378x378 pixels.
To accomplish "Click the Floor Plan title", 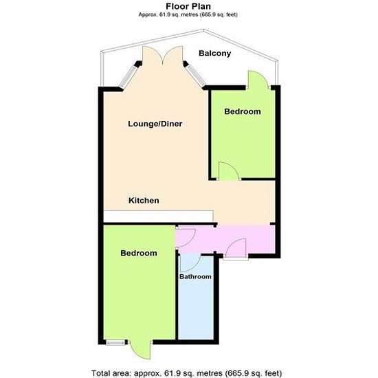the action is [x=188, y=6].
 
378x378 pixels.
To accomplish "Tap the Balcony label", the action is [x=215, y=54].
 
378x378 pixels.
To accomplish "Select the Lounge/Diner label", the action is [x=155, y=124].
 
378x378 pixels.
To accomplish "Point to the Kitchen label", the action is [x=144, y=200].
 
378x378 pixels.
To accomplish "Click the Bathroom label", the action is [x=195, y=276].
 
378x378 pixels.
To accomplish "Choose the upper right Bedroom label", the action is [x=243, y=111].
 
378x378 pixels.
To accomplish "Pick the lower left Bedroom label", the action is [x=139, y=253].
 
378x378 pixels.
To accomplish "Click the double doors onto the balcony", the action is [x=163, y=56].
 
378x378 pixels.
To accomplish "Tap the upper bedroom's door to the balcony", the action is [x=258, y=80].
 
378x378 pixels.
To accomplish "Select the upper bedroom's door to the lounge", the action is [x=229, y=171].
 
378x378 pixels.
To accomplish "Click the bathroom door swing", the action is [x=190, y=263].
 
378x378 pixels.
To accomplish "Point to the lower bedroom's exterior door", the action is [x=140, y=350].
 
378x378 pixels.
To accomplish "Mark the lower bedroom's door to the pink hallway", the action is [x=186, y=238].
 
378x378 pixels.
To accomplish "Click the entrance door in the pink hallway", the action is [x=236, y=248].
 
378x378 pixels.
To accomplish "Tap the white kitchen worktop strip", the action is [x=158, y=216].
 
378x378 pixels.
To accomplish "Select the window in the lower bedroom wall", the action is [x=116, y=342].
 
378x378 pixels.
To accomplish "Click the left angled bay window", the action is [x=129, y=76].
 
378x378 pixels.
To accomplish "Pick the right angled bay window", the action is [x=196, y=76].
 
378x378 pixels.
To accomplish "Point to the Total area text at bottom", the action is [x=186, y=373].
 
